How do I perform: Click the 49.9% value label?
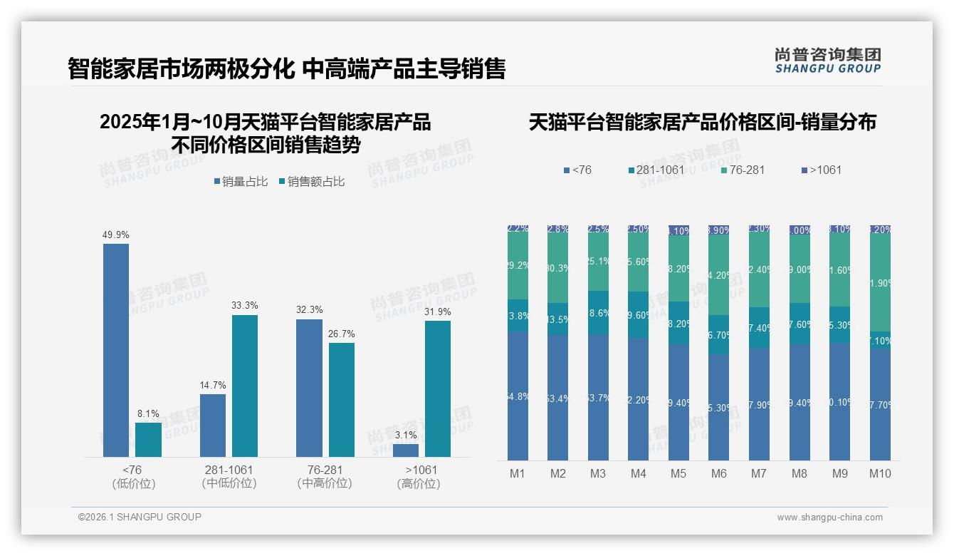[x=116, y=235]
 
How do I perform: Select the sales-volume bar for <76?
[x=116, y=350]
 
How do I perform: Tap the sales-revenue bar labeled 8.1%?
[x=148, y=440]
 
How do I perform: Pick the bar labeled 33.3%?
[x=244, y=386]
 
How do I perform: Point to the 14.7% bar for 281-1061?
[x=213, y=426]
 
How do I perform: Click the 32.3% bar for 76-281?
[x=309, y=388]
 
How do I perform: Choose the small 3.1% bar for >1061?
[x=406, y=451]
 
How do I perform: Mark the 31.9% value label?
[x=438, y=312]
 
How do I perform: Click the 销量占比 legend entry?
[x=241, y=182]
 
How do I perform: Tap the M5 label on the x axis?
[x=678, y=473]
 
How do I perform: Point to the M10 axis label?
[x=880, y=473]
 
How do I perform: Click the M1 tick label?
[x=518, y=473]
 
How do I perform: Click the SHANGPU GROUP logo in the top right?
[x=827, y=60]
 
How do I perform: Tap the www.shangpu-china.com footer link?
[x=829, y=518]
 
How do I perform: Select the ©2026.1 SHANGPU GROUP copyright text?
[x=140, y=517]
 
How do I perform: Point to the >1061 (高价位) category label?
[x=419, y=477]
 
